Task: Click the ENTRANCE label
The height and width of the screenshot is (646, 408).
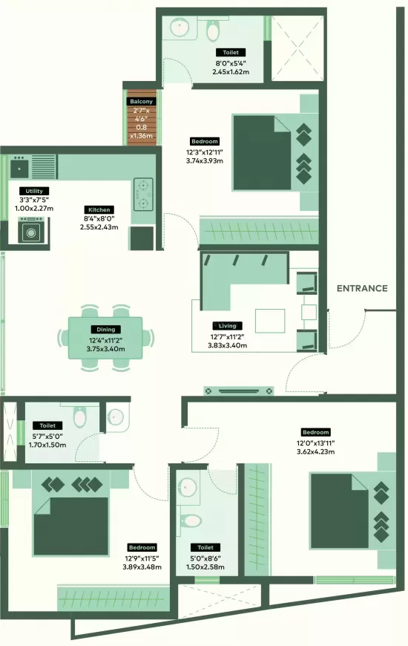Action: [362, 288]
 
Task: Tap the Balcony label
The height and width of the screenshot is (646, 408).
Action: [141, 101]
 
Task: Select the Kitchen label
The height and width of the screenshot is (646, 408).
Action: [99, 209]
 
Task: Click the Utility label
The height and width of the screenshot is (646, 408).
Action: [34, 191]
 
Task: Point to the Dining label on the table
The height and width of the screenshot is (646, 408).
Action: [106, 330]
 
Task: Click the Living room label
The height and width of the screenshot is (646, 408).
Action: [227, 326]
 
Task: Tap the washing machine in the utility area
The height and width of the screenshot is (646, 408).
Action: [31, 232]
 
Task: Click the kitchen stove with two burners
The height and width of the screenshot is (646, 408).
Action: [143, 194]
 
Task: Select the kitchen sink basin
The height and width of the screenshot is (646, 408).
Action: [20, 168]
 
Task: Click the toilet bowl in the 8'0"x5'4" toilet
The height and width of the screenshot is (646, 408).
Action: [212, 30]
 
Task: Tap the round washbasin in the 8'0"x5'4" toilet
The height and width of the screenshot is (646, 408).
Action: [180, 27]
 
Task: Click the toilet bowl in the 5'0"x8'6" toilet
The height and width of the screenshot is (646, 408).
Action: [190, 521]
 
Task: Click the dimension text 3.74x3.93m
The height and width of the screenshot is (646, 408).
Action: [205, 161]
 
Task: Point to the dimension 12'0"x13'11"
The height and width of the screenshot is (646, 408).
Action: [316, 443]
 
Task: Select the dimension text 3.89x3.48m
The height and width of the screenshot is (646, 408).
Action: [142, 567]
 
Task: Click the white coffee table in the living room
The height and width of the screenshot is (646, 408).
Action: [270, 321]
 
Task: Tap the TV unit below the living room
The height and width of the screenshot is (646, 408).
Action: [239, 391]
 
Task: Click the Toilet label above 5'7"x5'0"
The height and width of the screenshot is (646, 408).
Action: [47, 425]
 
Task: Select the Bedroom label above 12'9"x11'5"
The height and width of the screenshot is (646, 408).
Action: [142, 547]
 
